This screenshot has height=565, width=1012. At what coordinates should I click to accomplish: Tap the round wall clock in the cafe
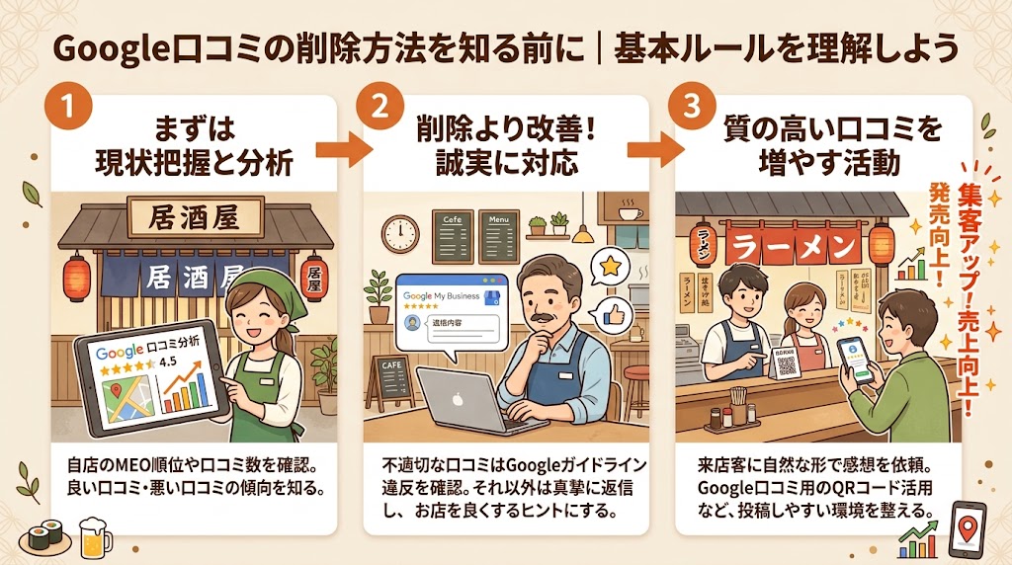[x=401, y=233]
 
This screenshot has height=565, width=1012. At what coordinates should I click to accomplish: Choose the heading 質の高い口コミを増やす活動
[x=819, y=145]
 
